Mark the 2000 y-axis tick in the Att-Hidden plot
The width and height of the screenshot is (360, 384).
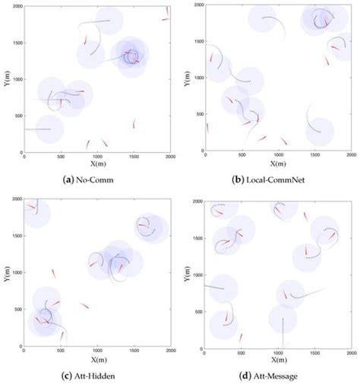17,200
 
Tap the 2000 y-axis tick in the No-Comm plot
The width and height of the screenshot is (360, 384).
17,5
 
